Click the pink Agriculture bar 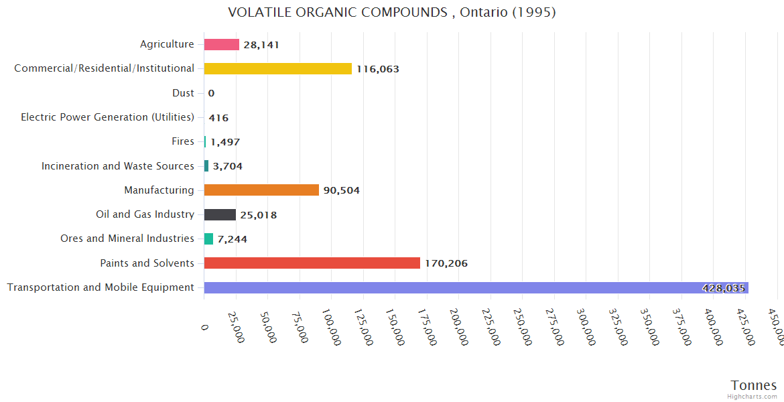pos(221,45)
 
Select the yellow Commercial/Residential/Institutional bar pos(277,68)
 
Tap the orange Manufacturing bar pos(261,190)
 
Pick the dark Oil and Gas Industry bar pos(220,214)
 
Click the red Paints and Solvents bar pos(312,263)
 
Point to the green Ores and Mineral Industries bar pos(208,239)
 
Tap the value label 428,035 pos(724,288)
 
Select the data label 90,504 pos(342,190)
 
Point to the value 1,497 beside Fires pos(225,142)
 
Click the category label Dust pos(183,93)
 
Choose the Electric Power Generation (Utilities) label pos(107,117)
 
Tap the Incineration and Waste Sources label pos(118,166)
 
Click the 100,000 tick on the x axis pos(332,327)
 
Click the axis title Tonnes pos(753,385)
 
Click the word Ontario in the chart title pos(483,12)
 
